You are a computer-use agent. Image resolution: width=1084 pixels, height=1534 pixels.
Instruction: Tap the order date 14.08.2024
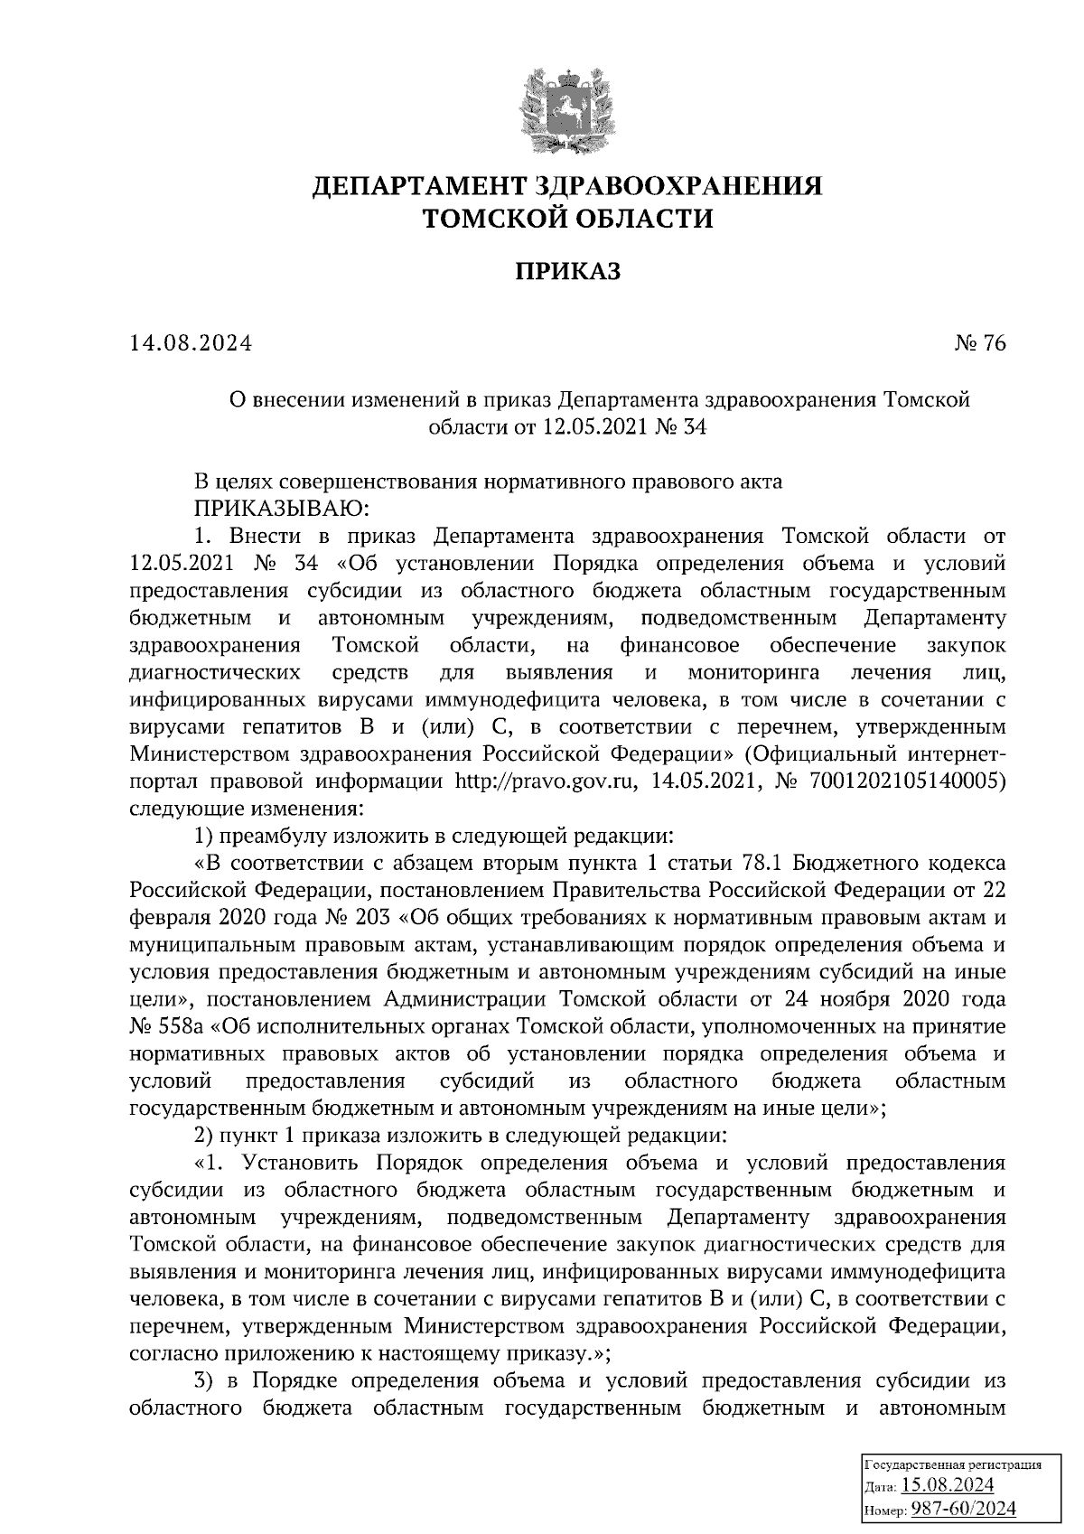point(191,344)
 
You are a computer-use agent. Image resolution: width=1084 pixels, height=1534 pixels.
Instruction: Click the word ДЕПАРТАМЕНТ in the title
point(419,188)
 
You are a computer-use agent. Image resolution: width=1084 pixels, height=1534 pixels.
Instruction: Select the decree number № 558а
point(165,1026)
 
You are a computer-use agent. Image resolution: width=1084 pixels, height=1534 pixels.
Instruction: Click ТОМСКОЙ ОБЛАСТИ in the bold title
point(568,220)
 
